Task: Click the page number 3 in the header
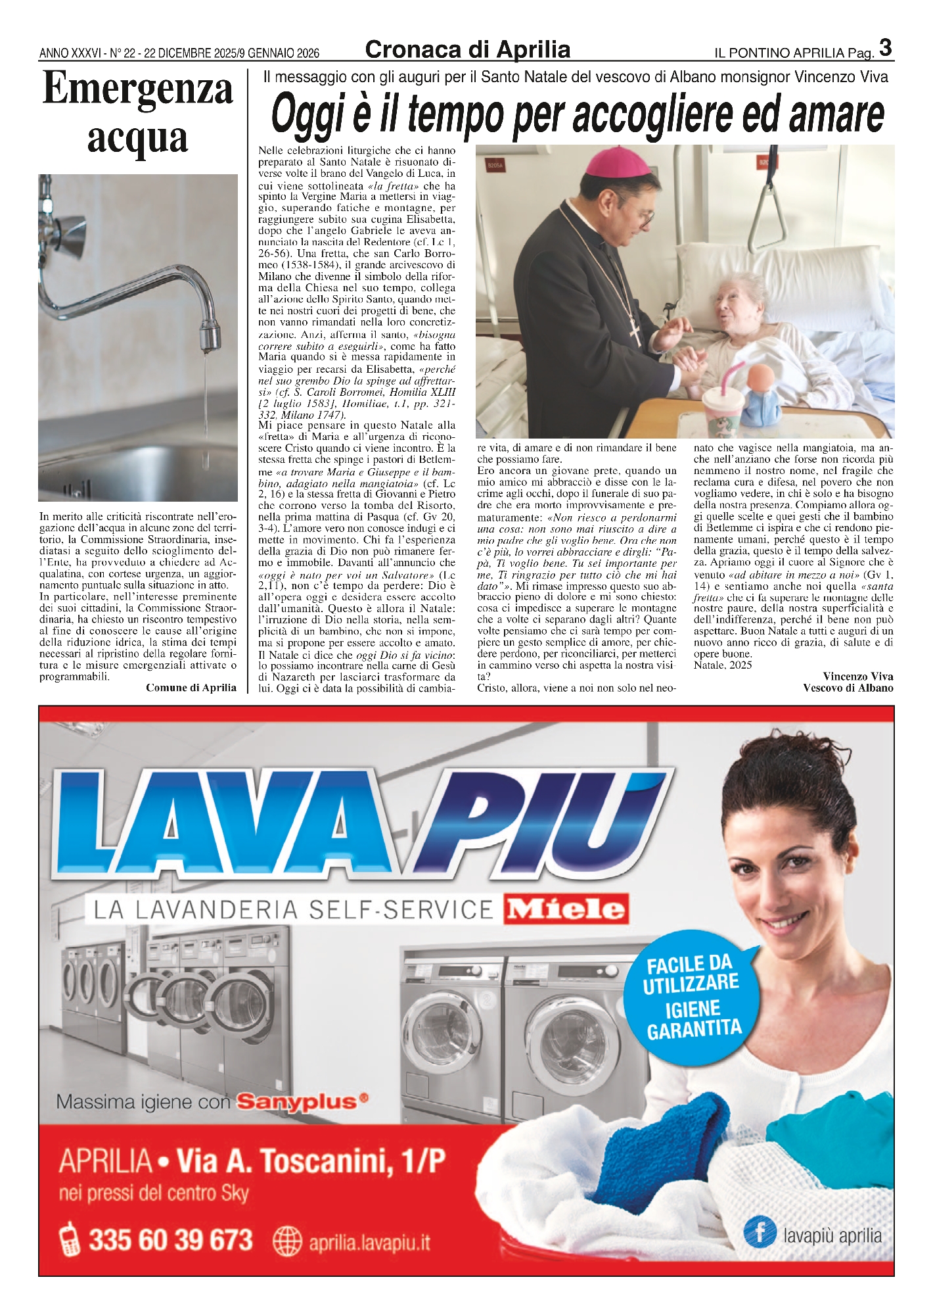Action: (885, 48)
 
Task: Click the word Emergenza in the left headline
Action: (138, 90)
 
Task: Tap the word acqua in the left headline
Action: (138, 138)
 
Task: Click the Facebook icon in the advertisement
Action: (760, 1231)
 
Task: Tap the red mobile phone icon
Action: (69, 1240)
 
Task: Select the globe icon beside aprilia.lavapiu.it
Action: (287, 1242)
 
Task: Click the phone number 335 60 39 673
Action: (170, 1240)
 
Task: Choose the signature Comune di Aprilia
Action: (191, 688)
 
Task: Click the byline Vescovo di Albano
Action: (848, 688)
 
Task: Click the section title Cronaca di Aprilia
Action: (467, 50)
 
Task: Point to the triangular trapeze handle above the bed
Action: (769, 214)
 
